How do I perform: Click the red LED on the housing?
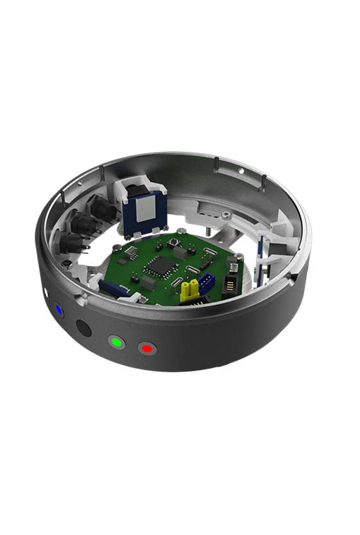147,348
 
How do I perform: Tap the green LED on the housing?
116,342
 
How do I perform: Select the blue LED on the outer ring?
59,309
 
